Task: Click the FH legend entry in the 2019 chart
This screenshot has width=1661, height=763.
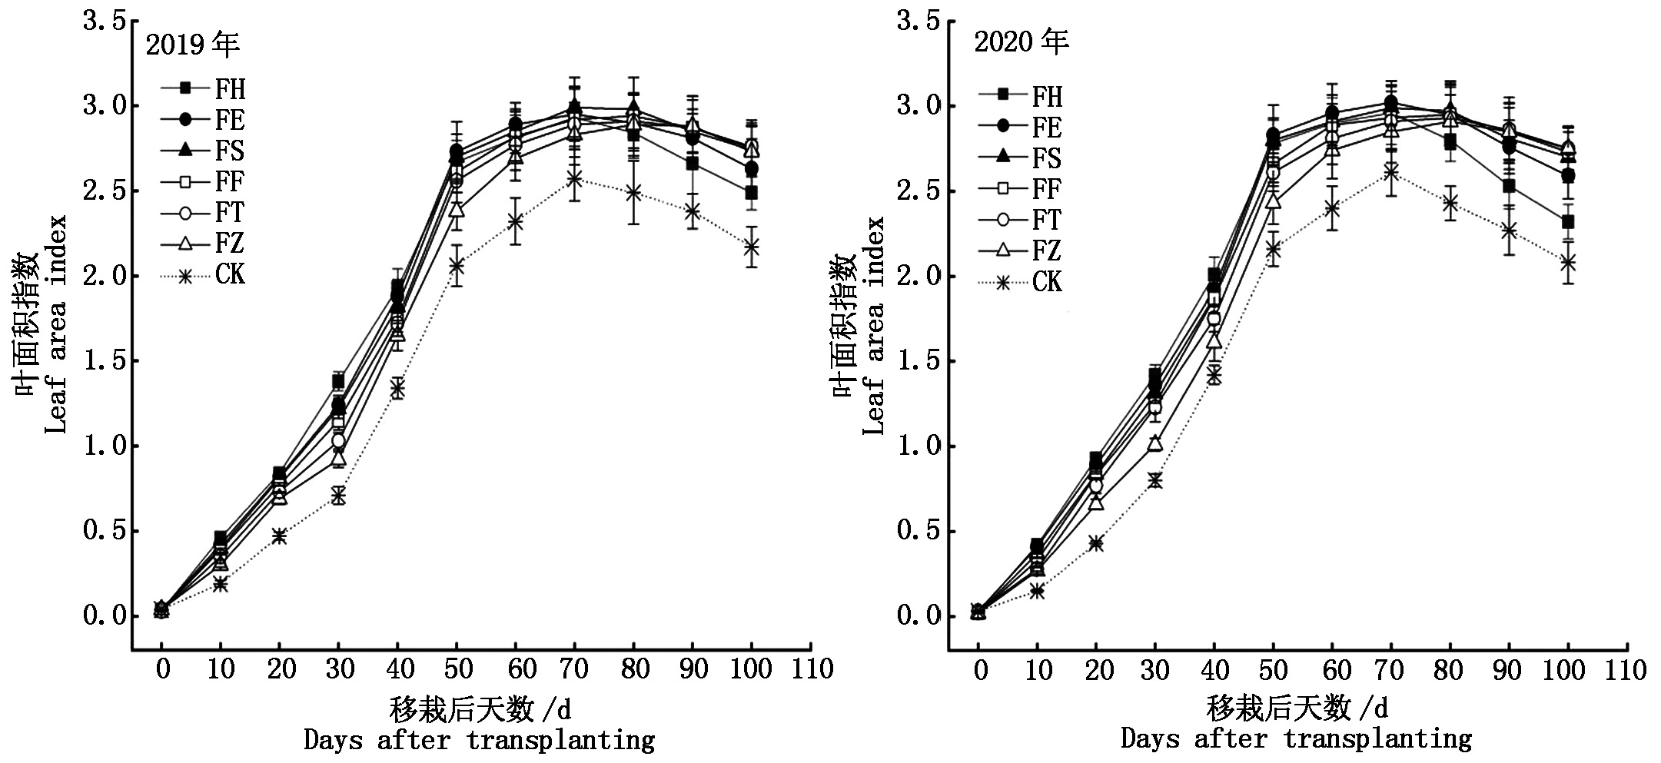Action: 204,89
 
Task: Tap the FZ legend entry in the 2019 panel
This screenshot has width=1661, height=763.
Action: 204,244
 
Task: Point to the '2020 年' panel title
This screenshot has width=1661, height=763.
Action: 1022,41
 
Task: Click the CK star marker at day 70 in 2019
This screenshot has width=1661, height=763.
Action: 574,180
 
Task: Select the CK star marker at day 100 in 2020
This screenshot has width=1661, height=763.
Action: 1568,263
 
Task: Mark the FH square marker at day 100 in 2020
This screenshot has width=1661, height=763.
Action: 1568,222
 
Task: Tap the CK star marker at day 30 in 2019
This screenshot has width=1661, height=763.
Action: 338,496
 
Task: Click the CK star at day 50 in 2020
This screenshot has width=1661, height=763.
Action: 1273,249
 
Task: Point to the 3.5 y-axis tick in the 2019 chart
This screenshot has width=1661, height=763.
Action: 105,22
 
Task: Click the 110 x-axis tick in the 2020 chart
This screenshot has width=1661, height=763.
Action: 1626,670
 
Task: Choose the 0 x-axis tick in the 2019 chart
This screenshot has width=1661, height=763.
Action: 162,669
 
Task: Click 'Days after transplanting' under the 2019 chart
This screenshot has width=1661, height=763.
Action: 479,741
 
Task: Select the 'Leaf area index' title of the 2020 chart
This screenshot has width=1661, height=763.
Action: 875,326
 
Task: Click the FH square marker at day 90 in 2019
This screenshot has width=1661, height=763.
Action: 693,164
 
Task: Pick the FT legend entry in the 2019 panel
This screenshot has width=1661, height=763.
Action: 204,213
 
